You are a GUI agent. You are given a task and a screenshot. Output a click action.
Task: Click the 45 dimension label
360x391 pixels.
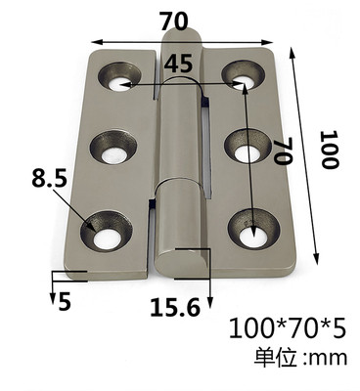[178, 64]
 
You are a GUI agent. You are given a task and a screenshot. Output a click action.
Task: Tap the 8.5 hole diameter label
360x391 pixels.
[49, 178]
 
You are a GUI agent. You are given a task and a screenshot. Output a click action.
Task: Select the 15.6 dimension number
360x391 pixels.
[175, 307]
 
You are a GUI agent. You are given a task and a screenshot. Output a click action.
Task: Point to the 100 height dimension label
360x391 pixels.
[329, 150]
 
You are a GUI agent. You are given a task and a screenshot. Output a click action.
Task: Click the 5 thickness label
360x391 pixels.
[65, 301]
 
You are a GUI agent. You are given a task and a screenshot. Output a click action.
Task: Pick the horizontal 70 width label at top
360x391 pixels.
[174, 22]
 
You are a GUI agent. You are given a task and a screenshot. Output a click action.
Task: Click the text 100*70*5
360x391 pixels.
[287, 328]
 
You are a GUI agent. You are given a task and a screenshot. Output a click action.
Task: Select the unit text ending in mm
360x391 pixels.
[300, 358]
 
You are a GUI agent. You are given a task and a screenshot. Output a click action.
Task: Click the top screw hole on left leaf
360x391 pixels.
[119, 77]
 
